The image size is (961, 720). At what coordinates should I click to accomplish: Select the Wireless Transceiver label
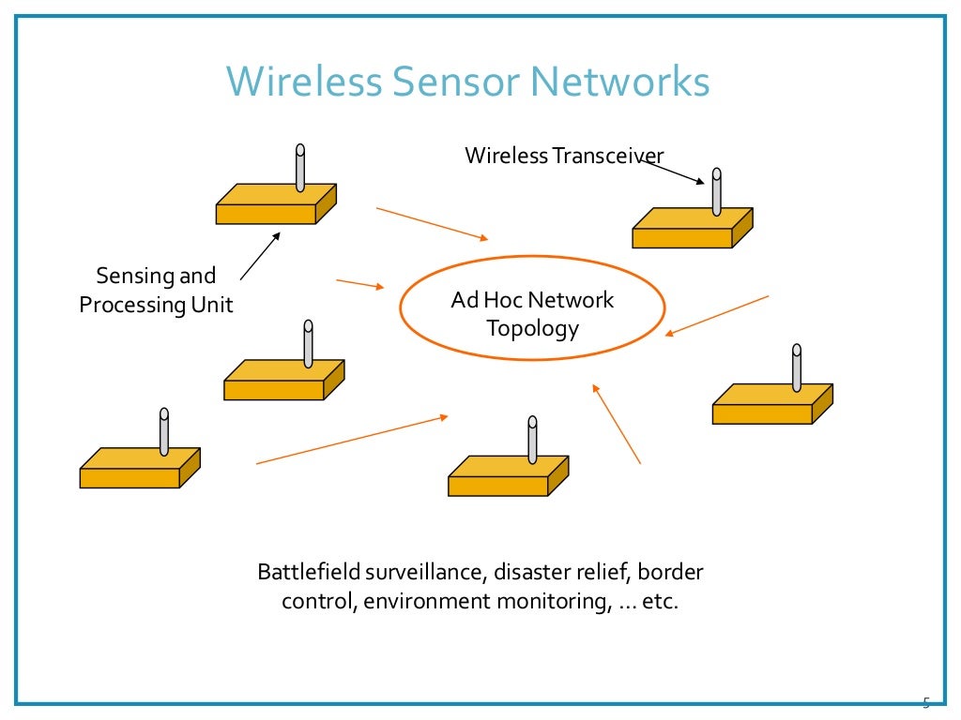(564, 155)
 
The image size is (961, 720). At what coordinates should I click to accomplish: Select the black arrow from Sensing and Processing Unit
(260, 256)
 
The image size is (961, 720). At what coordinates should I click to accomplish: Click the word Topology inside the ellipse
(532, 329)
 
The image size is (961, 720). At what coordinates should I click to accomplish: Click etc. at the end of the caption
(660, 601)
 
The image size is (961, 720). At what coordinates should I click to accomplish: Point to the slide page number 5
(925, 702)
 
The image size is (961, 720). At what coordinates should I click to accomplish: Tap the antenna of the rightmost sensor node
(797, 368)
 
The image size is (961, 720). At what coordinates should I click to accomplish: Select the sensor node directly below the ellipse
(507, 478)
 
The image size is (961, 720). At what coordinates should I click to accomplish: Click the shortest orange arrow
(360, 284)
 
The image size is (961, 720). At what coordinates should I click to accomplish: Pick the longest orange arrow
(352, 440)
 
